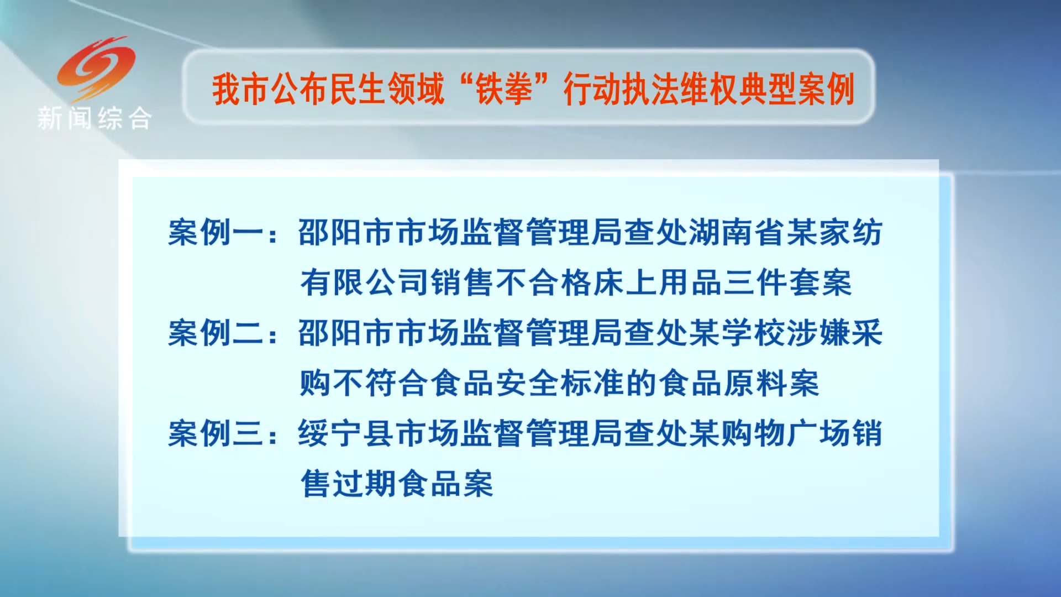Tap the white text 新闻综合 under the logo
click(94, 118)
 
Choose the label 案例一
click(216, 232)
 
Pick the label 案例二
click(216, 333)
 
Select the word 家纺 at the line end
click(851, 232)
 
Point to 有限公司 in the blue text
click(364, 282)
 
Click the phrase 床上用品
click(657, 282)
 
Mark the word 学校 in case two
click(753, 333)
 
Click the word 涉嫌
click(818, 333)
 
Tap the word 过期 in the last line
click(364, 484)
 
